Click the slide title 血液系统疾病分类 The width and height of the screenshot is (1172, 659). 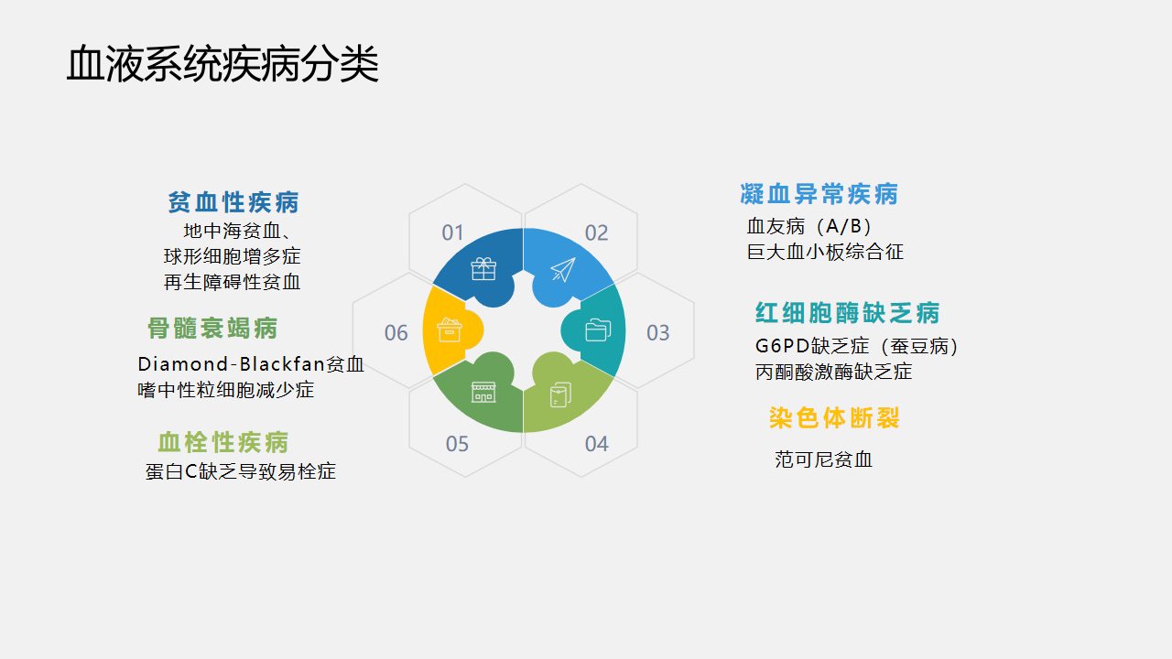coord(222,64)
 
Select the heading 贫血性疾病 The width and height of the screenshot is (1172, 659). coord(233,202)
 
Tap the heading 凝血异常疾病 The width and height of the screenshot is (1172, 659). coord(819,193)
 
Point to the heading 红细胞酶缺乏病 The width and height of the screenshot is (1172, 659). coord(848,313)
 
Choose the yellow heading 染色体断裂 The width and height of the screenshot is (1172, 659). coord(834,418)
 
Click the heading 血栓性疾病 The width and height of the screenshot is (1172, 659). coord(222,442)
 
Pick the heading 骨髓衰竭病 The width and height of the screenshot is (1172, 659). coord(212,328)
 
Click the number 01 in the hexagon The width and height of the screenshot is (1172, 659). coord(452,232)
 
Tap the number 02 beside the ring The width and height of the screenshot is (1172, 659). coord(596,232)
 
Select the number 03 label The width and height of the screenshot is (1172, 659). coord(657,332)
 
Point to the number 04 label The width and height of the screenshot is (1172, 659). coord(596,444)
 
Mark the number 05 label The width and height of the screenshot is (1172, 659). coord(457,444)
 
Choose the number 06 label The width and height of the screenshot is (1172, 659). coord(396,332)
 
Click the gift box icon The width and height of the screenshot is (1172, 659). coord(483,269)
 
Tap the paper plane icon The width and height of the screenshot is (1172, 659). coord(563,269)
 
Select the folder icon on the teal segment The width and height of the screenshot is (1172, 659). coord(598,330)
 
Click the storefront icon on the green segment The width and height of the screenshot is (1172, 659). coord(483,392)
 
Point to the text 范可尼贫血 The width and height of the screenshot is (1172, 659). coord(823,459)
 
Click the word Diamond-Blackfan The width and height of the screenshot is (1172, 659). coord(232,363)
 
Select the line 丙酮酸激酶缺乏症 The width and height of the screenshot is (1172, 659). coord(833,372)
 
